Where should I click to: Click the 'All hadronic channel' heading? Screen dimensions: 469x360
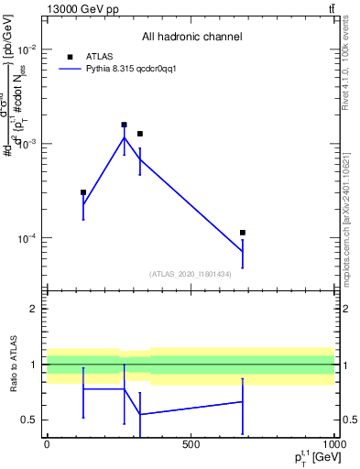(191, 38)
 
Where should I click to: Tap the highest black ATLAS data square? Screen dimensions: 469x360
(124, 125)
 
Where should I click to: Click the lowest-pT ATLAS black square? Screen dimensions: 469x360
(83, 192)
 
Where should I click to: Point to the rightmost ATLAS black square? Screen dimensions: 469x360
(243, 233)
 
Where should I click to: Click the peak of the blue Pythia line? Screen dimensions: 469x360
(124, 137)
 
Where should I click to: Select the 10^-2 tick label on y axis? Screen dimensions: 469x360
(27, 49)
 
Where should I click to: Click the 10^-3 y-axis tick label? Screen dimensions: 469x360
(27, 144)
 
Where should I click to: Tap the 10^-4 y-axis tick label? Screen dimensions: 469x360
(27, 239)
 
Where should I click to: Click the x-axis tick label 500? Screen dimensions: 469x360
(190, 445)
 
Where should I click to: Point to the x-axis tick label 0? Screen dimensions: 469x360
(47, 445)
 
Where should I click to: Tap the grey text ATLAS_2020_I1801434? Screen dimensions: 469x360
(190, 274)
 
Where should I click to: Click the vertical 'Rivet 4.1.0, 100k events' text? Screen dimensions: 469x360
(346, 64)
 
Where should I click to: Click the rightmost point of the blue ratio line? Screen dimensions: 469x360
(243, 401)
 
